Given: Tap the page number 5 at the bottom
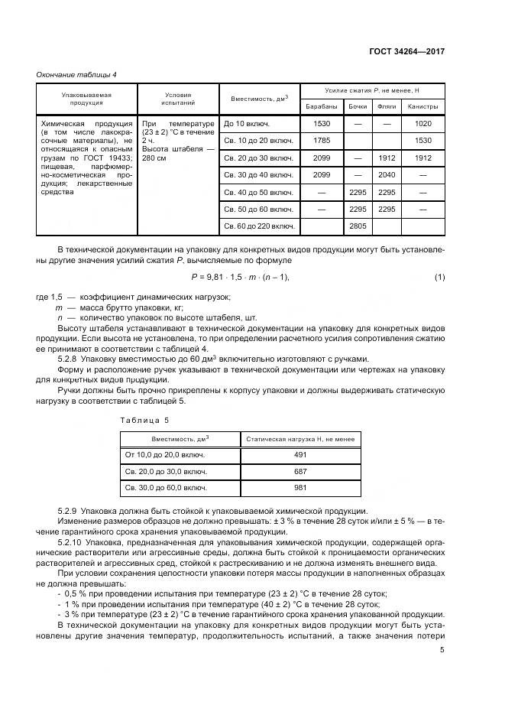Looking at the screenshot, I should click(x=442, y=650).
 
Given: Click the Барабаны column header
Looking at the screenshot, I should click(x=322, y=106).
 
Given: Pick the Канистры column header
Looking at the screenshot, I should click(x=422, y=106).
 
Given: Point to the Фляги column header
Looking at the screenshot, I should click(x=387, y=106).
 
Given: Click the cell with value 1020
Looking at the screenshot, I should click(x=422, y=124).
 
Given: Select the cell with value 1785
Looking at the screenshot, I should click(x=322, y=141).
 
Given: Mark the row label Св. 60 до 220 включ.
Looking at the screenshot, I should click(x=257, y=226).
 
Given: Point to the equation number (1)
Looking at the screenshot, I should click(x=439, y=276).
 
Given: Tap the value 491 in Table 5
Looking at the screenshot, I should click(x=300, y=454).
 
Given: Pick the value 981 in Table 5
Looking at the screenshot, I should click(x=300, y=487).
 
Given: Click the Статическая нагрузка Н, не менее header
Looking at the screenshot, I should click(x=300, y=438).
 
